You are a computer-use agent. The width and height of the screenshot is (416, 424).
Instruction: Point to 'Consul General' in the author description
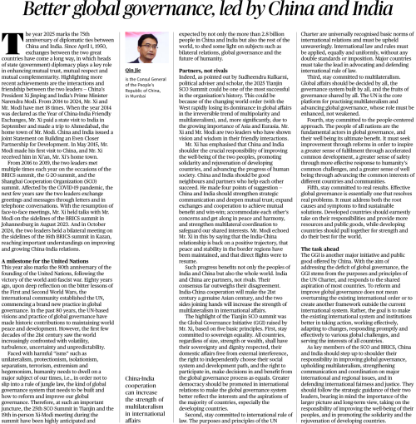[147, 106]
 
